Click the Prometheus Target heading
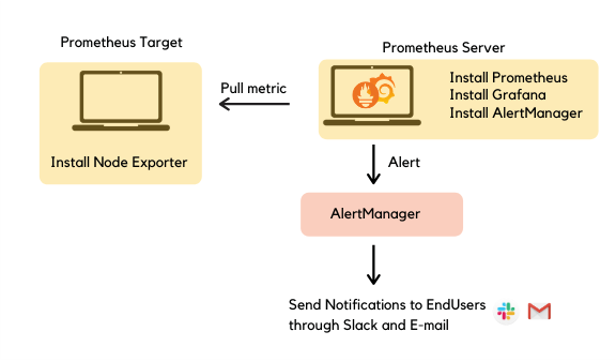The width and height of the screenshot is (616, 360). point(121,43)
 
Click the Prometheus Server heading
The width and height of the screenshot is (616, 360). point(443,47)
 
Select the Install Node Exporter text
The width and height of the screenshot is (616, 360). point(119,162)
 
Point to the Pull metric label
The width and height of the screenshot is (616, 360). point(253,88)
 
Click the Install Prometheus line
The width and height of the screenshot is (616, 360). point(508,77)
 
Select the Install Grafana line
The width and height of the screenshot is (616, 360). point(496,95)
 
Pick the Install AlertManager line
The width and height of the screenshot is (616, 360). point(515,113)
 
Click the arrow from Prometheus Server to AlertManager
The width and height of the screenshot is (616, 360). point(374,164)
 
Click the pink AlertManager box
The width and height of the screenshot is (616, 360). point(381,214)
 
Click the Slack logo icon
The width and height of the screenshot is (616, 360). point(506,312)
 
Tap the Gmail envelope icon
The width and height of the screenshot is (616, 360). point(540,312)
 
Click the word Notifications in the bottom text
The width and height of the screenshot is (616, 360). point(363,304)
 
